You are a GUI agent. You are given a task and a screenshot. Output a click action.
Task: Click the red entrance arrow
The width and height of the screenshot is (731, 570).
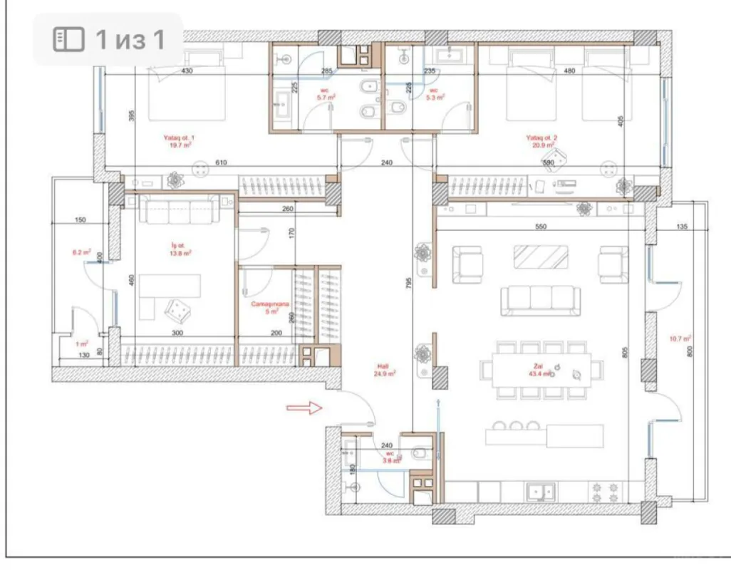(304, 408)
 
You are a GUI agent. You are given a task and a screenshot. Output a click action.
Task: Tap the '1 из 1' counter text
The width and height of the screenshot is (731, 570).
(130, 39)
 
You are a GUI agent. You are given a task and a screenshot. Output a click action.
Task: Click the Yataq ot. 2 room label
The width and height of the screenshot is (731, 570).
(541, 140)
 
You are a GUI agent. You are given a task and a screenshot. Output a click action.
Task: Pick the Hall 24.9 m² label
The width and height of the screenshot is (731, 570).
(385, 368)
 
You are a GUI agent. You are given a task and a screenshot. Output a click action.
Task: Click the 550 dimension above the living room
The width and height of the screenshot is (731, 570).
(540, 226)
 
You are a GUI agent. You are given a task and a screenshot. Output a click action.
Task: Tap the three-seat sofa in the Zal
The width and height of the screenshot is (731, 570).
(540, 300)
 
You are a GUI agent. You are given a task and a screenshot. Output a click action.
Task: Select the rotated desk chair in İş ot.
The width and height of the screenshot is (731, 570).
(177, 309)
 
